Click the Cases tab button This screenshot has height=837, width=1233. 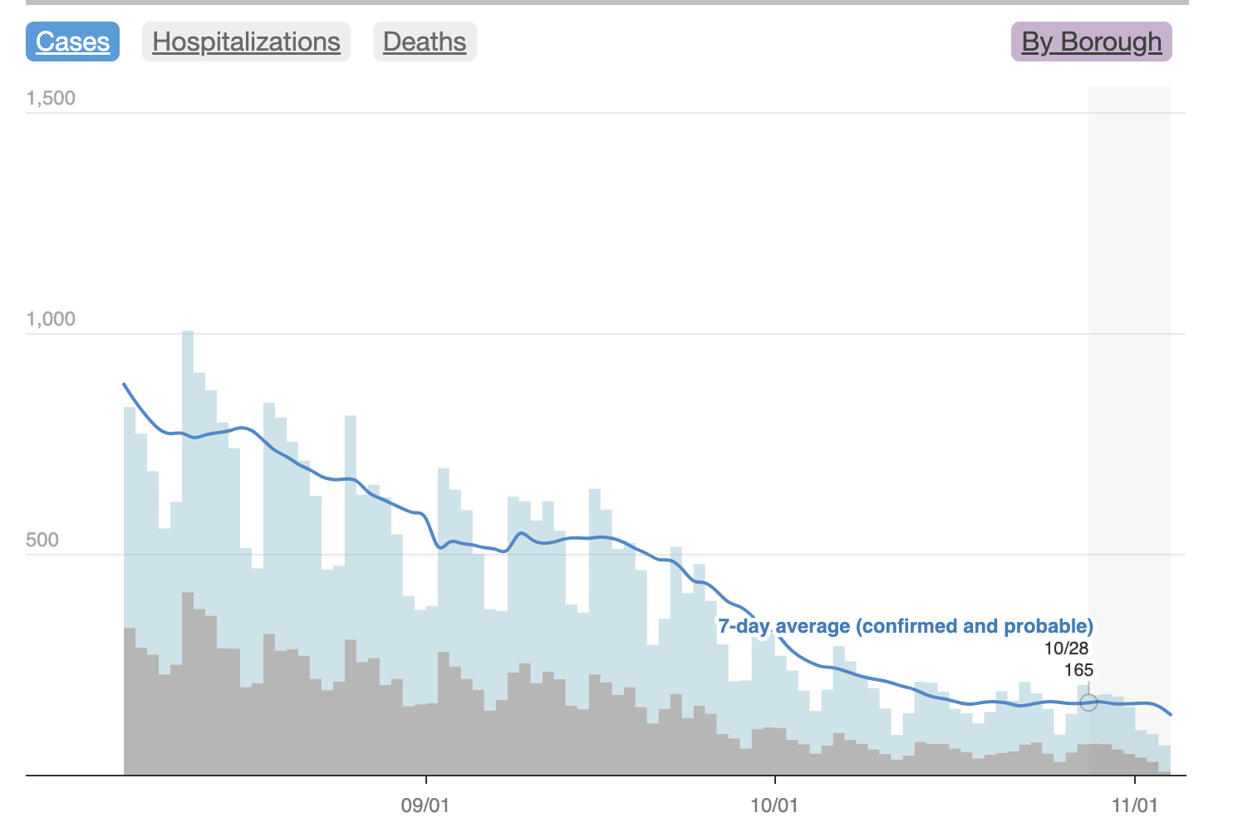click(x=73, y=42)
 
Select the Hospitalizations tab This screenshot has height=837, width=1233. click(x=246, y=42)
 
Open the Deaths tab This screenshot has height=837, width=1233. click(x=425, y=42)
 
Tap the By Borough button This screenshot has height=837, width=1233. click(x=1091, y=42)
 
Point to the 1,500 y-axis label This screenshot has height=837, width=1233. click(x=51, y=98)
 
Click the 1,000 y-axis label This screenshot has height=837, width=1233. click(x=51, y=319)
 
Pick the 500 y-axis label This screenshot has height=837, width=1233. click(x=42, y=540)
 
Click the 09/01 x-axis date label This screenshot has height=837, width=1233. click(x=425, y=805)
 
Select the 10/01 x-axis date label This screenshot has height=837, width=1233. click(x=774, y=805)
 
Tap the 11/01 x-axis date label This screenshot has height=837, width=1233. click(x=1135, y=805)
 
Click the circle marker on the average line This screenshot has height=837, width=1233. click(x=1088, y=702)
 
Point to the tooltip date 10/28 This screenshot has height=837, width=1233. click(x=1066, y=649)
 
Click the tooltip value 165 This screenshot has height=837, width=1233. click(x=1078, y=670)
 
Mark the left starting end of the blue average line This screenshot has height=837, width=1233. click(x=124, y=384)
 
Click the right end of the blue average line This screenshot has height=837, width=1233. click(x=1171, y=714)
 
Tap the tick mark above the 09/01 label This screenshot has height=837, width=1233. click(x=426, y=780)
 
